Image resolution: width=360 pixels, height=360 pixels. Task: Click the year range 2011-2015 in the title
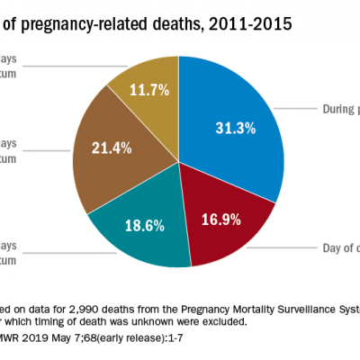pyautogui.click(x=251, y=23)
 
